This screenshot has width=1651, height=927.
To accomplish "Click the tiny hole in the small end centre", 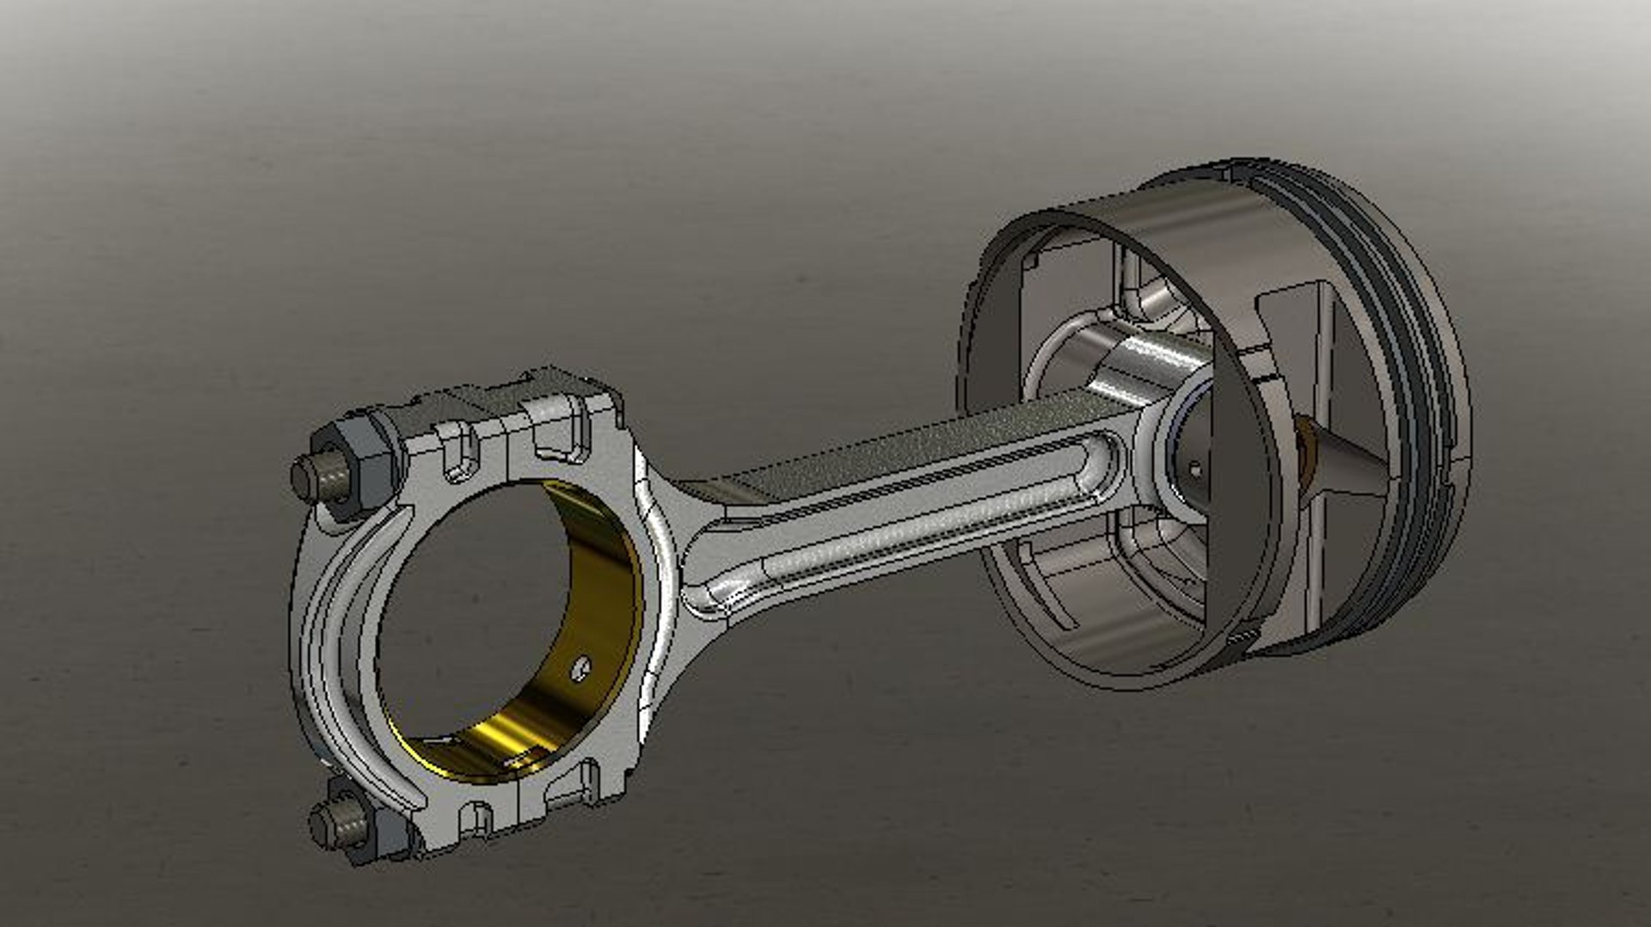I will (x=1194, y=470).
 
